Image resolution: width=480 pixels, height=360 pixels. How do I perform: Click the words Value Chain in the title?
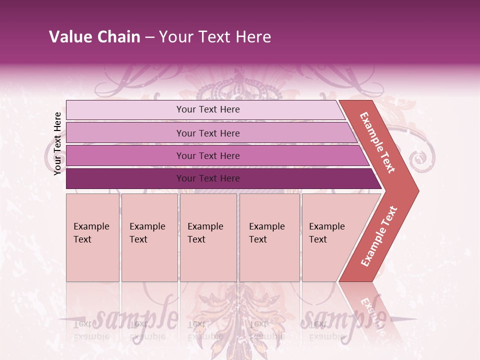[94, 37]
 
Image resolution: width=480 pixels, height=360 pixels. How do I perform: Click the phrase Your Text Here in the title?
[214, 37]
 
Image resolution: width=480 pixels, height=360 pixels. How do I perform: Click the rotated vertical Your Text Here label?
[57, 143]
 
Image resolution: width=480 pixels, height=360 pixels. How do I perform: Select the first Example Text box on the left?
[92, 237]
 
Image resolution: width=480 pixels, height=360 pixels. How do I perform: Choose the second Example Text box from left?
[149, 237]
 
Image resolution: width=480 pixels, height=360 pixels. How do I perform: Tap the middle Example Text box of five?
[208, 237]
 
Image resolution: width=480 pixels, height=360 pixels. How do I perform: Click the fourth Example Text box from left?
[269, 237]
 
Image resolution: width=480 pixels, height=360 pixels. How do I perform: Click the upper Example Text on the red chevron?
[377, 142]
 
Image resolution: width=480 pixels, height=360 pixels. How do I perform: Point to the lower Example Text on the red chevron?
[379, 236]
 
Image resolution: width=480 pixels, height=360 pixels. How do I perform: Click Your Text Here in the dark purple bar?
[208, 178]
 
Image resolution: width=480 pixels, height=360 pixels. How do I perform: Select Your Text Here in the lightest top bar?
[208, 109]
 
